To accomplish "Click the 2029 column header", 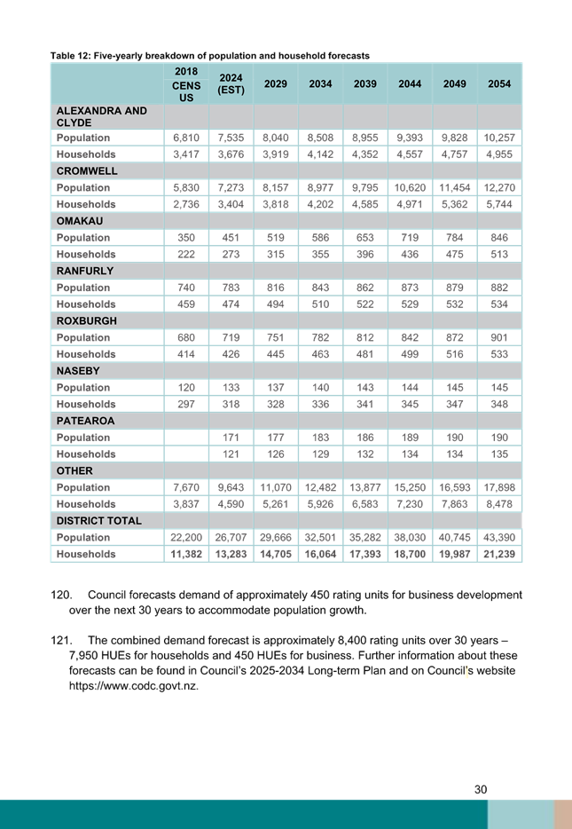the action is tap(276, 83).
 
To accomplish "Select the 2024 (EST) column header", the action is tap(231, 83).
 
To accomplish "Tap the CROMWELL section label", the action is tap(87, 170).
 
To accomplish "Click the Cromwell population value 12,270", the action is tap(499, 187).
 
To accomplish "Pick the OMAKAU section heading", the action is tap(80, 221).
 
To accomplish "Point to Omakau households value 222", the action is tap(186, 255).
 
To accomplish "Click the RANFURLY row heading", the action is tap(85, 271).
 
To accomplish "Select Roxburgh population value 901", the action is tap(499, 337).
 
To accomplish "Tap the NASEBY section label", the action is tap(78, 371).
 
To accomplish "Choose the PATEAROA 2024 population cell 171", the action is tap(231, 438).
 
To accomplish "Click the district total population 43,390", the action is tap(499, 537).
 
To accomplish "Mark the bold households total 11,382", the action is tap(186, 554).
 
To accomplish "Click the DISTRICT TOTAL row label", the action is tap(98, 521).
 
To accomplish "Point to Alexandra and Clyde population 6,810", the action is tap(186, 138).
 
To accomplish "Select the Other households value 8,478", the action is tap(499, 504).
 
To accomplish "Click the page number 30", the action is tap(481, 789).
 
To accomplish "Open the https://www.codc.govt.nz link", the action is tap(134, 686).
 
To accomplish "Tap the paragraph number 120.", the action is tap(61, 595).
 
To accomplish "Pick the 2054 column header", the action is tap(499, 83).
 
